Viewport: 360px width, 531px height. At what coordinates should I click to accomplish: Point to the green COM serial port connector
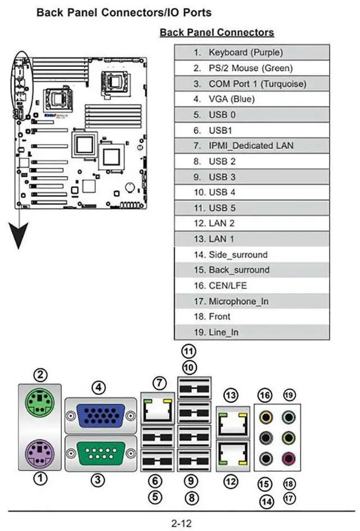tap(100, 453)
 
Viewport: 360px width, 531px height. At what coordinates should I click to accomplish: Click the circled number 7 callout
tap(161, 384)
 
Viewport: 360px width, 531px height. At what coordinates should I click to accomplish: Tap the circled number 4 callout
tap(99, 388)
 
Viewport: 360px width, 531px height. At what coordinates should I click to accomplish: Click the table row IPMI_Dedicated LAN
tap(251, 146)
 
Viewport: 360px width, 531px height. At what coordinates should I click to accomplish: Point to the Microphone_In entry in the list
tap(251, 301)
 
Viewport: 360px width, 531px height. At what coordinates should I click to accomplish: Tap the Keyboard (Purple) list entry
tap(251, 52)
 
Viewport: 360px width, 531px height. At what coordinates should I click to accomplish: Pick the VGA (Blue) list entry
tap(251, 99)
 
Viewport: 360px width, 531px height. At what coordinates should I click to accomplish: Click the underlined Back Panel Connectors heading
tap(217, 32)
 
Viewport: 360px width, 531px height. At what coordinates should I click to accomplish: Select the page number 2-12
tap(181, 523)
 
